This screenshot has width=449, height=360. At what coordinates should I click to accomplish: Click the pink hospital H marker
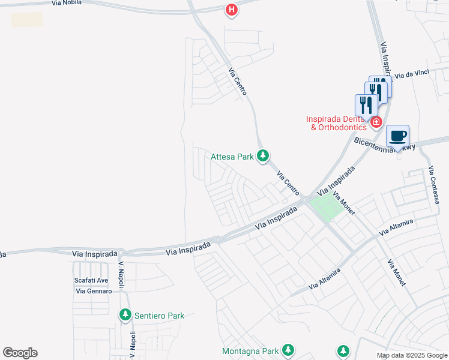point(231,10)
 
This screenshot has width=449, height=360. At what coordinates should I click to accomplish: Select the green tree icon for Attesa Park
point(262,157)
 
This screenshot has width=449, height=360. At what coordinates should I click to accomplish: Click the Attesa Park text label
point(232,157)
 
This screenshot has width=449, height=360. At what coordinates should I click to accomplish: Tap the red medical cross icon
point(376,122)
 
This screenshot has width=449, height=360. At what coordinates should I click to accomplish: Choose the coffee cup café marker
point(397,136)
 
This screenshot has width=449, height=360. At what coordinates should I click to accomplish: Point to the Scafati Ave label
point(91,280)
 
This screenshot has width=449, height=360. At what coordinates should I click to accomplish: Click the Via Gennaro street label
point(94,291)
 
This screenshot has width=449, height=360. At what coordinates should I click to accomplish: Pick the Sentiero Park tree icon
point(125,314)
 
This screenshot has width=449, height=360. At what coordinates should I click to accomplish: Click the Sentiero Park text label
point(159,315)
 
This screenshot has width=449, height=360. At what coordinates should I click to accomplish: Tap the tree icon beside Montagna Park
point(288,350)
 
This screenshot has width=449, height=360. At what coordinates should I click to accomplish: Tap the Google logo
point(20,352)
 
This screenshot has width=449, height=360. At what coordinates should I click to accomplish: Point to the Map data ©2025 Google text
point(412,355)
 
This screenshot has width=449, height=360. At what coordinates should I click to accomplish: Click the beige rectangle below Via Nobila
point(27,19)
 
